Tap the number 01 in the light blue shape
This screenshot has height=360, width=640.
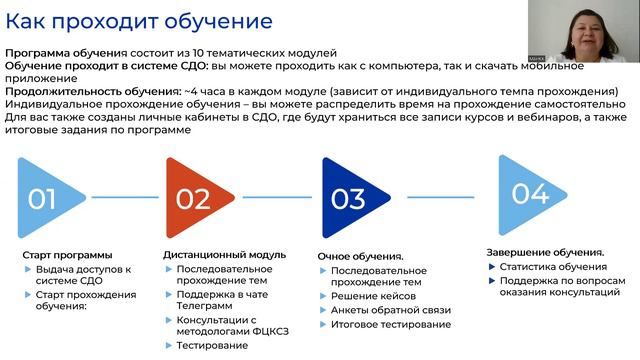pos(42,198)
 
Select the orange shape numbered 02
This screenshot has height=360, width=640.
pos(192,198)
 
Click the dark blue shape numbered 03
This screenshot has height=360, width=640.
pos(347,198)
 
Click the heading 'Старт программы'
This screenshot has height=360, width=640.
pos(67,255)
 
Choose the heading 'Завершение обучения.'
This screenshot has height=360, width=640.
pos(545,252)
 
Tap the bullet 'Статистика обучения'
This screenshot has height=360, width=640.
pos(553,266)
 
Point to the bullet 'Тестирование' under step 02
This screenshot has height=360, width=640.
pos(212,345)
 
